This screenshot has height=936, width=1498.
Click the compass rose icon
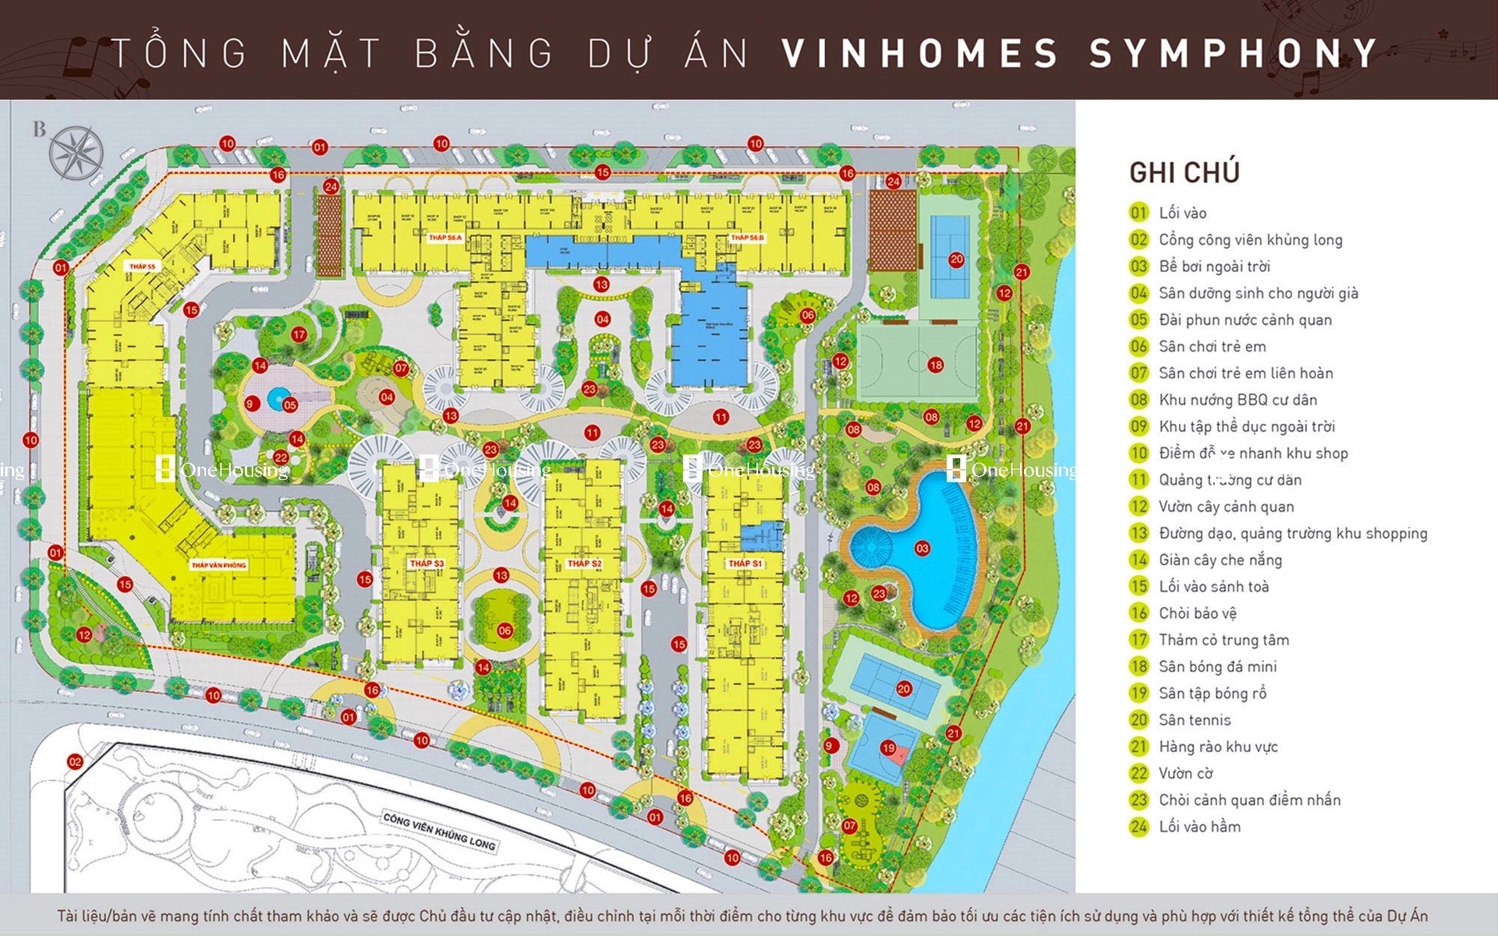pyautogui.click(x=76, y=151)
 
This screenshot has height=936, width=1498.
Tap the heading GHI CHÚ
pyautogui.click(x=1184, y=172)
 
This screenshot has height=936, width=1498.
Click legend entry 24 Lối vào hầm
pyautogui.click(x=1199, y=827)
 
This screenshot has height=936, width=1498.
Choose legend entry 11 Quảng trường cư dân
pyautogui.click(x=1229, y=480)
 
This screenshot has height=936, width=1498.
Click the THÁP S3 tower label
pyautogui.click(x=427, y=563)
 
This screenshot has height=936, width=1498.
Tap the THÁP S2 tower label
pyautogui.click(x=584, y=563)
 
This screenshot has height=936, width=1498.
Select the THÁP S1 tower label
pyautogui.click(x=745, y=563)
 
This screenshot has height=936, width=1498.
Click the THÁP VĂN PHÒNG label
pyautogui.click(x=218, y=565)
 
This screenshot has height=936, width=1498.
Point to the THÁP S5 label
pyautogui.click(x=142, y=267)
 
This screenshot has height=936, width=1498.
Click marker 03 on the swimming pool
pyautogui.click(x=922, y=549)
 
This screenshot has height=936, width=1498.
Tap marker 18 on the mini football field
pyautogui.click(x=936, y=364)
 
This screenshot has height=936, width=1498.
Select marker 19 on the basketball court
pyautogui.click(x=888, y=747)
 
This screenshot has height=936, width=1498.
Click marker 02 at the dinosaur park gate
pyautogui.click(x=75, y=761)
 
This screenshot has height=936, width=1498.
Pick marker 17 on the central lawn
pyautogui.click(x=299, y=334)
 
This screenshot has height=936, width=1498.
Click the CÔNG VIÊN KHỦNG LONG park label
pyautogui.click(x=438, y=832)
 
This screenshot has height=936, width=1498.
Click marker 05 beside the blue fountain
pyautogui.click(x=290, y=404)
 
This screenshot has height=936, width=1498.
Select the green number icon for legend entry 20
pyautogui.click(x=1139, y=720)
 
